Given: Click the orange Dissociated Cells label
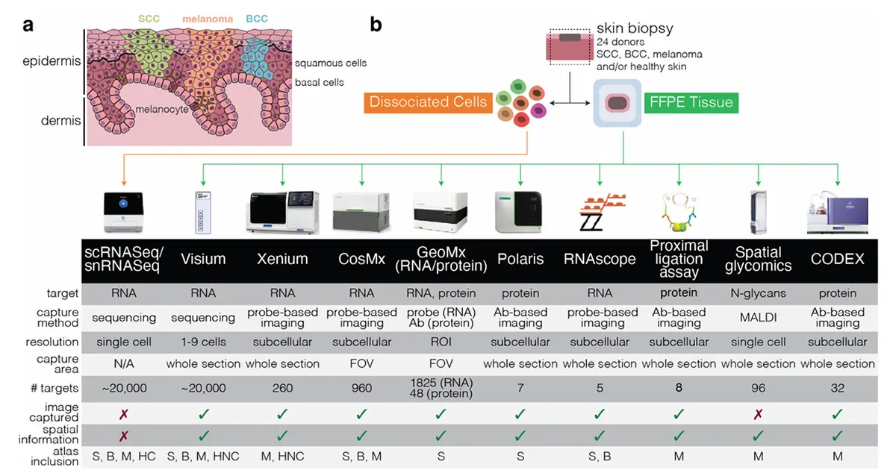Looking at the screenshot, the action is point(428,103).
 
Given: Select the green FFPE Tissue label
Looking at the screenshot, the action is point(691,103).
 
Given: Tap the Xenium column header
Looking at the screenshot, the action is point(282,259).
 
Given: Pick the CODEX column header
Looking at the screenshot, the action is point(837,259).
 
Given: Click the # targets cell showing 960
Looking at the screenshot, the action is point(361,388).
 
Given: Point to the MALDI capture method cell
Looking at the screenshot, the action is point(758,317).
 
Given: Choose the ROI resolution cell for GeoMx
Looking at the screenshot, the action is point(441,342).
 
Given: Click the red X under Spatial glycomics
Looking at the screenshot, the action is point(758,415).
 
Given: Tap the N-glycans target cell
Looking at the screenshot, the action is point(758,293).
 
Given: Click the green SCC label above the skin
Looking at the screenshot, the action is point(149,19).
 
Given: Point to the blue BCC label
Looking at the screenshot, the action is point(257,19).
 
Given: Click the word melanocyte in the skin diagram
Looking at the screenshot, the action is point(161,110).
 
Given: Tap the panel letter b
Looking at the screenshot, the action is point(376,25).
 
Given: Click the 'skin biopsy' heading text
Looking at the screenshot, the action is point(635,28).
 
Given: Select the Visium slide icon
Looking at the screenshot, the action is point(203,212).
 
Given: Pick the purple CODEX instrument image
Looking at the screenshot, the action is point(838,213).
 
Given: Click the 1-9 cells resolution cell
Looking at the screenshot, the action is point(203,342).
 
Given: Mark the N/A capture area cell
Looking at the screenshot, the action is point(124,363).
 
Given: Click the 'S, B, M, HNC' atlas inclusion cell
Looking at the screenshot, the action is point(203,457).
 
